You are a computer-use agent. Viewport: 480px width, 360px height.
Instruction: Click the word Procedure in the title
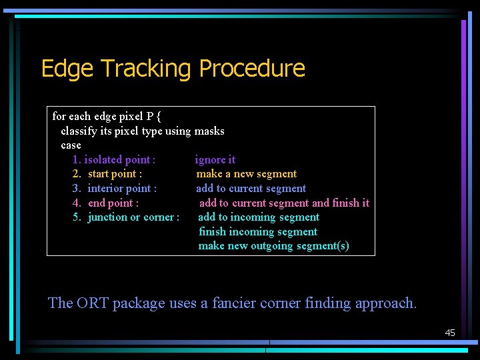pos(252,69)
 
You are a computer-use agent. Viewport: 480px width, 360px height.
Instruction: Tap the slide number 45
pos(450,332)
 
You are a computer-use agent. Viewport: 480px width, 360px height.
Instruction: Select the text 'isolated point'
pos(117,159)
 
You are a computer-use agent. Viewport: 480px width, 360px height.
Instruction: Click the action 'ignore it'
pos(215,159)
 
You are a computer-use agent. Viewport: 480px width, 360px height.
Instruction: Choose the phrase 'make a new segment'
pos(246,174)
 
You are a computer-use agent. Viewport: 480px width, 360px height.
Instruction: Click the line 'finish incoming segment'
pos(258,232)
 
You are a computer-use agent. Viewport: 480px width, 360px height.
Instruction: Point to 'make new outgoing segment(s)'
pos(273,246)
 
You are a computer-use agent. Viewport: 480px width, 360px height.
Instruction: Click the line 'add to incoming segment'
pos(259,217)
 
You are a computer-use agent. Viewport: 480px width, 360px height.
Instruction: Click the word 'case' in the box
pos(71,145)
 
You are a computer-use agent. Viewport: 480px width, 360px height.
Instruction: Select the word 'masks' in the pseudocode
pos(209,131)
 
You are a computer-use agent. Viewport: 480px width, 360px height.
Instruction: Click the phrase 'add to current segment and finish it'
pos(284,203)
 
